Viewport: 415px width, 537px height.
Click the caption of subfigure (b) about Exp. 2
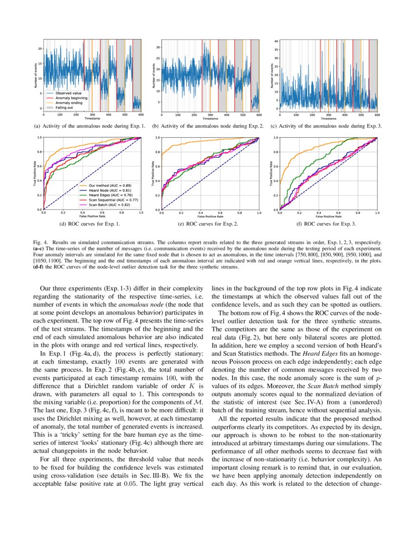click(208, 126)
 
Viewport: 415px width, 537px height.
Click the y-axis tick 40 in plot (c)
click(276, 41)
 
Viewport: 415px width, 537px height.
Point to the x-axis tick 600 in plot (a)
click(141, 115)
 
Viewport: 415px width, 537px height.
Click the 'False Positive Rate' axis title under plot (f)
click(328, 216)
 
